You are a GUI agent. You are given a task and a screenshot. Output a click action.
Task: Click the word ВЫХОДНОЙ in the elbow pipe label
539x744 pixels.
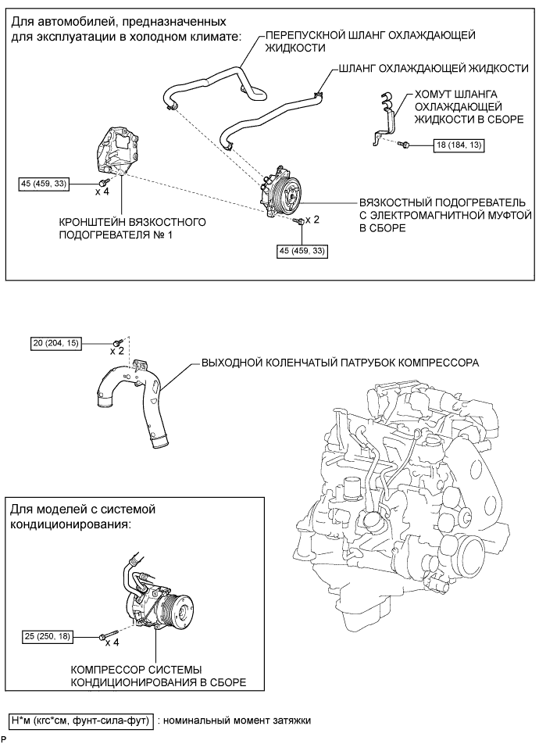tap(228, 364)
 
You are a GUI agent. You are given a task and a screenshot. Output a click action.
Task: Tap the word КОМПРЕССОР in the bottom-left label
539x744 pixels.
tap(102, 670)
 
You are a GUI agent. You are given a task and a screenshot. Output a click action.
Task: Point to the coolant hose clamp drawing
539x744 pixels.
tap(384, 118)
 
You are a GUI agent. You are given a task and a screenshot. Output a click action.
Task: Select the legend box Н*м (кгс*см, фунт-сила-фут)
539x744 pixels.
tap(81, 719)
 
